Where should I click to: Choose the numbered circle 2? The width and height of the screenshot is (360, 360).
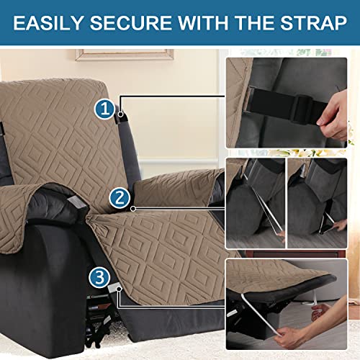click(120, 197)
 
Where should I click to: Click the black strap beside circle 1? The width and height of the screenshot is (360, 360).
click(118, 116)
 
